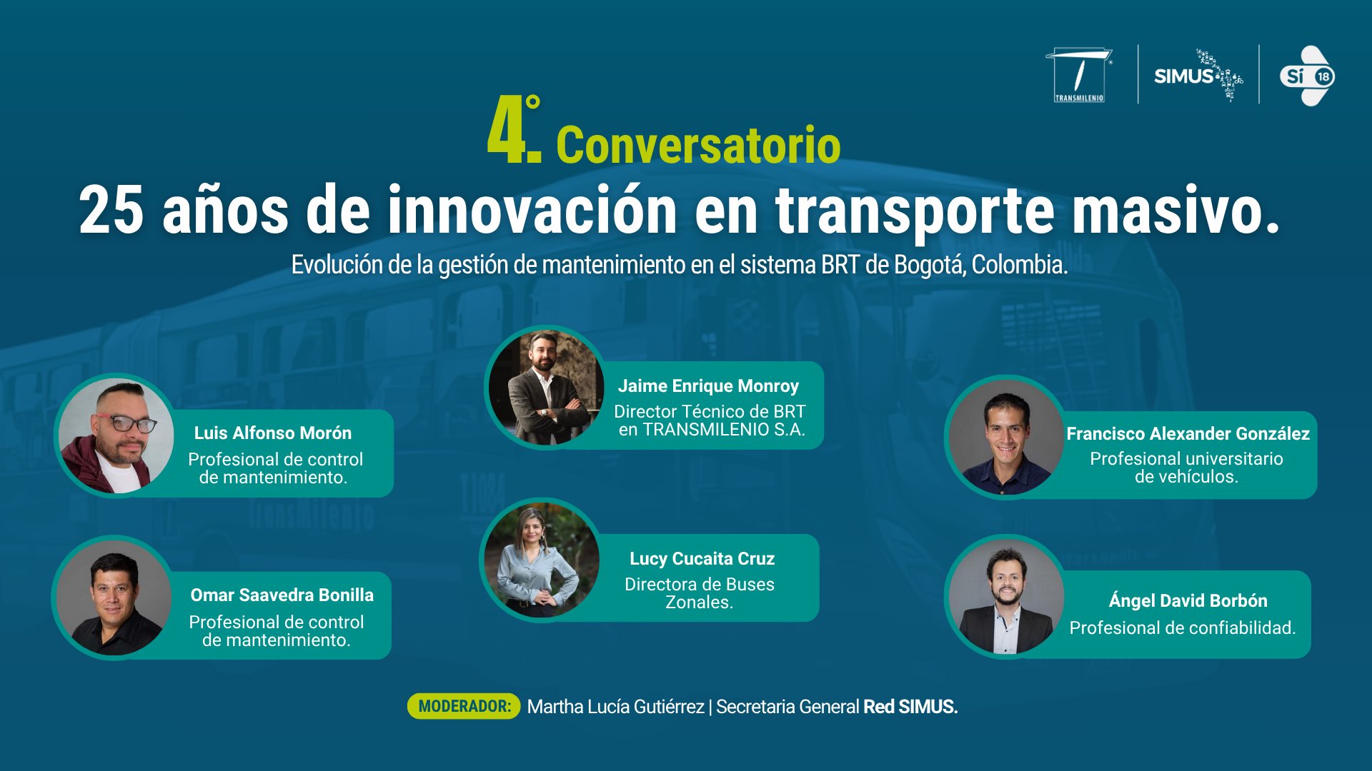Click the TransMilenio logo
(x=1079, y=75)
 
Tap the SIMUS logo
(x=1198, y=76)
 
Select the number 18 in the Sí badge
(x=1323, y=76)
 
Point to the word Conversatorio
(x=698, y=145)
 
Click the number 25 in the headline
(x=111, y=210)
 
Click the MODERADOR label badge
(x=464, y=706)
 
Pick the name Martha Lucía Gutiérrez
(x=615, y=707)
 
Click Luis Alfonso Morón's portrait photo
(x=116, y=435)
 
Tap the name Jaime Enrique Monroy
(x=708, y=386)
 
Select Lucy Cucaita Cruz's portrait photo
(x=542, y=560)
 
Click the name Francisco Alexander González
(x=1188, y=433)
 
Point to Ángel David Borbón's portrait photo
(x=1006, y=597)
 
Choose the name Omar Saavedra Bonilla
(x=282, y=595)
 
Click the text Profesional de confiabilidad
(x=1182, y=628)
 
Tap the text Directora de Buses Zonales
(x=700, y=593)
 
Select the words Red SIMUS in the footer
(x=910, y=707)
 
